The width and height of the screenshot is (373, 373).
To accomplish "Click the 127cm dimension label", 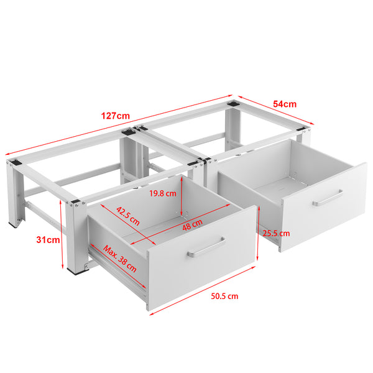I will click(x=117, y=116).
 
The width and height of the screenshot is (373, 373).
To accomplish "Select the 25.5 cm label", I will click(x=276, y=233).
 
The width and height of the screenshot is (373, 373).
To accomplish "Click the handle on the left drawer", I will click(x=207, y=247).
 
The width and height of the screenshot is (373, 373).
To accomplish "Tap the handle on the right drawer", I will click(x=328, y=198).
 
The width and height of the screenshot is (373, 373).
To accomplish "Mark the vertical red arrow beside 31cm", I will click(x=63, y=239).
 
